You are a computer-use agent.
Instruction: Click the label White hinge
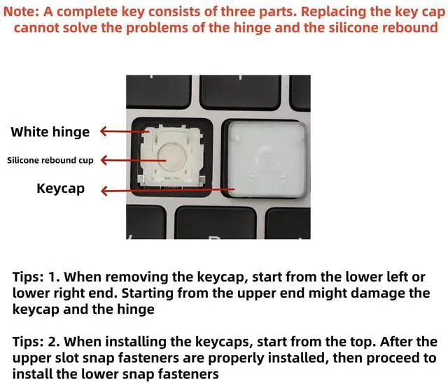pyautogui.click(x=50, y=132)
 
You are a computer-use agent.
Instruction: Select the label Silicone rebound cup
pyautogui.click(x=50, y=160)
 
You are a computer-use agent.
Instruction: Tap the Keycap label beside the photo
pyautogui.click(x=61, y=189)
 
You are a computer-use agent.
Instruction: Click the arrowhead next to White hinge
pyautogui.click(x=103, y=131)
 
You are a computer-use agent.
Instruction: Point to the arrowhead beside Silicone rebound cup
pyautogui.click(x=104, y=160)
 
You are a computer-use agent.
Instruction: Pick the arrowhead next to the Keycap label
pyautogui.click(x=104, y=191)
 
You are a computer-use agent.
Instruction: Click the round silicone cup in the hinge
pyautogui.click(x=171, y=157)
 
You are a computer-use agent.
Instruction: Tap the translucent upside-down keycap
pyautogui.click(x=267, y=159)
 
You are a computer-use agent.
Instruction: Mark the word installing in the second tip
pyautogui.click(x=136, y=342)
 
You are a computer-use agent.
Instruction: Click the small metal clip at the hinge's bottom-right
pyautogui.click(x=202, y=179)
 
